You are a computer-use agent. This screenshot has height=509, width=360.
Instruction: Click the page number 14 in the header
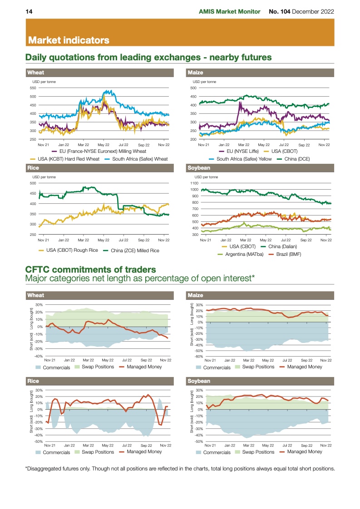[x=28, y=11]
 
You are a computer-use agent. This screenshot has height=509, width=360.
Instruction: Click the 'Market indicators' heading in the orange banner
[x=69, y=40]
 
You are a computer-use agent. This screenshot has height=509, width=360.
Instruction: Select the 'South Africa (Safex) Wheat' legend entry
[x=140, y=159]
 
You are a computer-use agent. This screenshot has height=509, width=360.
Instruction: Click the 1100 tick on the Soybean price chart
[x=195, y=183]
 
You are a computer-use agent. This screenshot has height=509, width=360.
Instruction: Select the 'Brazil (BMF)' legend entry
[x=286, y=254]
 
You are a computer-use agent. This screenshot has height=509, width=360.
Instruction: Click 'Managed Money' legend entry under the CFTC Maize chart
[x=305, y=367]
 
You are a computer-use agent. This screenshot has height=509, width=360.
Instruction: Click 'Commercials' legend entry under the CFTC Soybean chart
[x=217, y=452]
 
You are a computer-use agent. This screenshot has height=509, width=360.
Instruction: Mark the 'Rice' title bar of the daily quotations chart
[x=33, y=168]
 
